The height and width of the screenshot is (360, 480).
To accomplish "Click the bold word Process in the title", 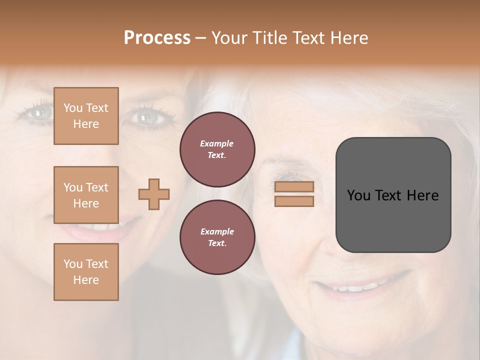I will [157, 38].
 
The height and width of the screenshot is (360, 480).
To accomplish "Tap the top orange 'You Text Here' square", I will [86, 116].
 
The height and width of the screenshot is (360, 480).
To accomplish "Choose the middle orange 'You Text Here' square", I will [86, 195].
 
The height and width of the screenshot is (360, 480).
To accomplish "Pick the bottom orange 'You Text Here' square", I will [86, 272].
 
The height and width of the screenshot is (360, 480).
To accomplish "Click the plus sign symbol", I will [154, 194].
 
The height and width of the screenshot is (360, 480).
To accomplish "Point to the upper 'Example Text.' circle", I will [217, 149].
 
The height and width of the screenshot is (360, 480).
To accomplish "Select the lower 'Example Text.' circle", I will [217, 237].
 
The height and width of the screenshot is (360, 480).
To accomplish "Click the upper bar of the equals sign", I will [294, 187].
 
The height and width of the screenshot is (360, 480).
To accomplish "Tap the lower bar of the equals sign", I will [294, 201].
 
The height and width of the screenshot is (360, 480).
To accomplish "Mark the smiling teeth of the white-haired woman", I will [356, 288].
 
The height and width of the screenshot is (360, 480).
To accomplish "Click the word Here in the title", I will [349, 38].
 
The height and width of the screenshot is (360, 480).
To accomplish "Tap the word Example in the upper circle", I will [217, 143].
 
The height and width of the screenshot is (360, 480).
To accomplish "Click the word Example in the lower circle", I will [217, 231].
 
